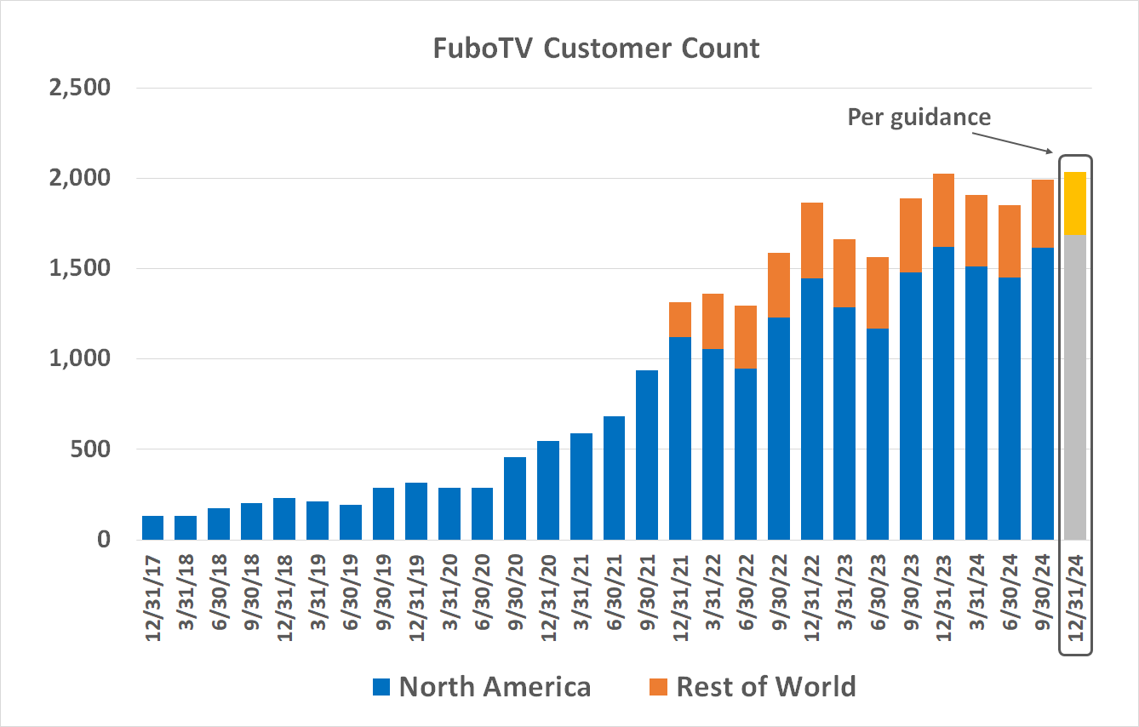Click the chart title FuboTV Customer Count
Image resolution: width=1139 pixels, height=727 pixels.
click(x=596, y=49)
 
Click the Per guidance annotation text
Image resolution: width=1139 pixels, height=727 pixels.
click(x=919, y=117)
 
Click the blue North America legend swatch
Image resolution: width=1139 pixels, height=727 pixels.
click(x=381, y=687)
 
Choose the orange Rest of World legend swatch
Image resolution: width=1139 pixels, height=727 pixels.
click(x=658, y=687)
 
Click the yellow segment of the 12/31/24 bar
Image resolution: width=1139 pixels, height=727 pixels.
click(x=1075, y=203)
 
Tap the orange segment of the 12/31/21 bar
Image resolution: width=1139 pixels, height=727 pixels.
click(x=680, y=320)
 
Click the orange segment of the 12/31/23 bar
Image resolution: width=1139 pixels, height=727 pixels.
click(x=943, y=210)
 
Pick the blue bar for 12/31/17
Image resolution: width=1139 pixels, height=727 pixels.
click(x=153, y=528)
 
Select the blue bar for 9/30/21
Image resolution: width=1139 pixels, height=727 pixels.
click(x=647, y=455)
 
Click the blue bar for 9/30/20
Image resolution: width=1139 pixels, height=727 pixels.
click(x=515, y=499)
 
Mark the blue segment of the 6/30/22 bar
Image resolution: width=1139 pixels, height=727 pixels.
click(x=746, y=455)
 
